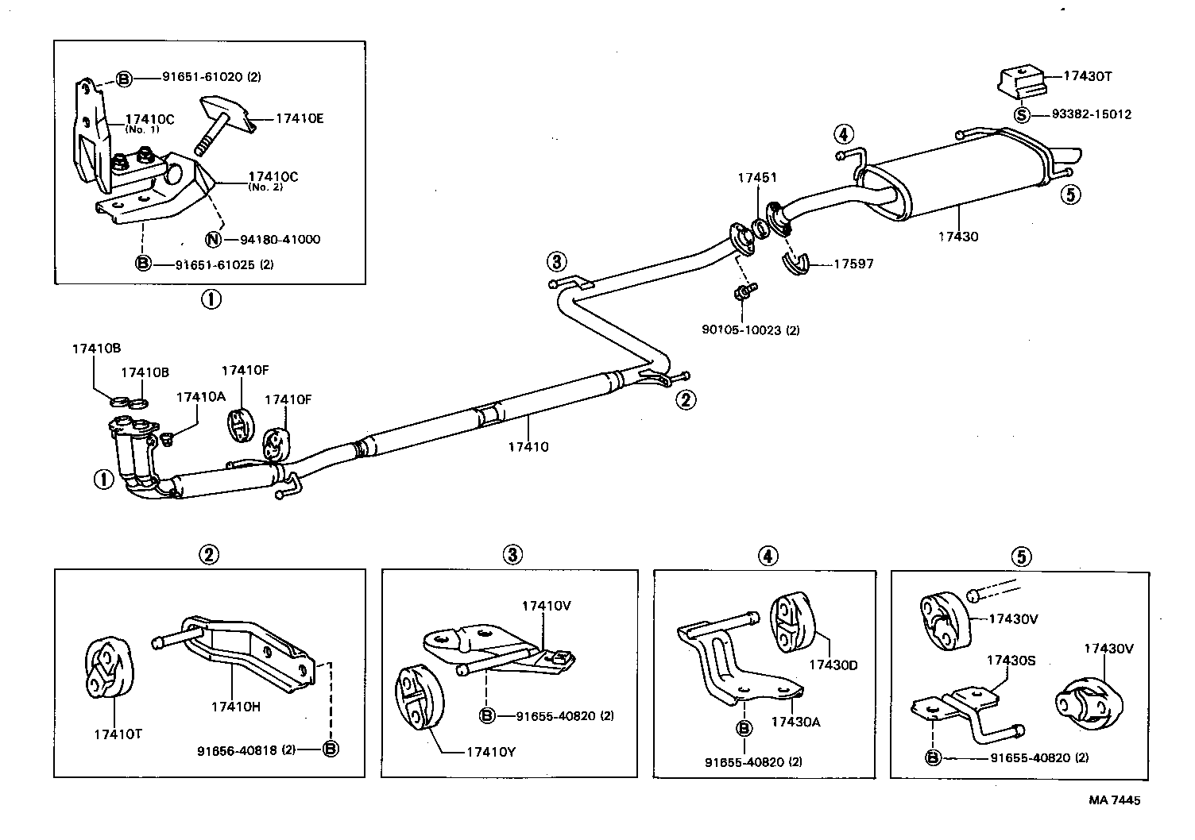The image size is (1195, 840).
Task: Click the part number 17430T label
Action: (1088, 77)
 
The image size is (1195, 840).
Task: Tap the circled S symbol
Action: (1022, 114)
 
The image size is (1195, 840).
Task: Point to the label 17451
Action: (756, 178)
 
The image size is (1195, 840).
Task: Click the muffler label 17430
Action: (957, 236)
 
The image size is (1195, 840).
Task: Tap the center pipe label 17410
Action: (528, 446)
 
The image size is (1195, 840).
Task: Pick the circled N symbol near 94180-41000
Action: (213, 239)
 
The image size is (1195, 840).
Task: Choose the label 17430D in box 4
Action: (833, 665)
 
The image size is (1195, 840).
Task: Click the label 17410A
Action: (200, 396)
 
